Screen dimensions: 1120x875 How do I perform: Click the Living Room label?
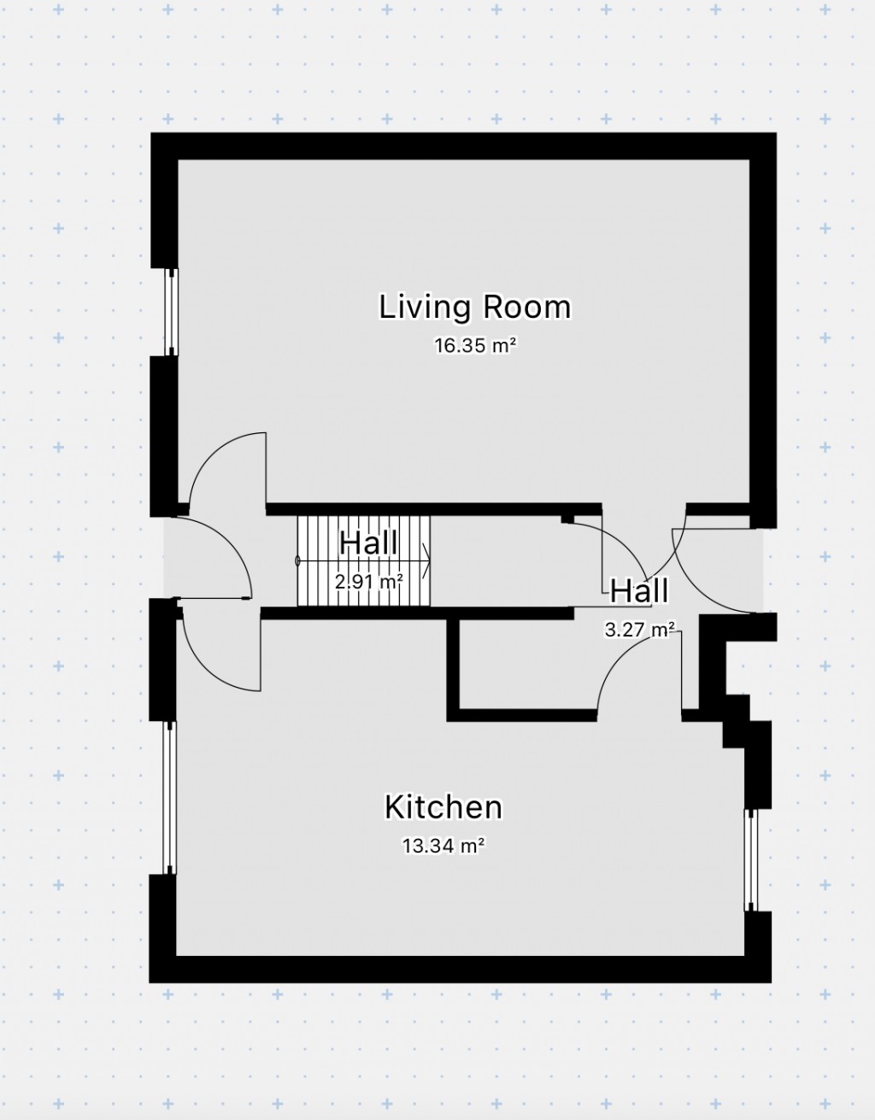pyautogui.click(x=474, y=307)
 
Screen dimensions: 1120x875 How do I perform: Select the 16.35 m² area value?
pyautogui.click(x=474, y=346)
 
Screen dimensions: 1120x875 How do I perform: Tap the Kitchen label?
pyautogui.click(x=443, y=806)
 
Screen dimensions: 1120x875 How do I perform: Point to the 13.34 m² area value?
pyautogui.click(x=443, y=846)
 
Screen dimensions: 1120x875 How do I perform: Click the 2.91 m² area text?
pyautogui.click(x=368, y=582)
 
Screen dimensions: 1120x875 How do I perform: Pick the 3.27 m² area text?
pyautogui.click(x=640, y=630)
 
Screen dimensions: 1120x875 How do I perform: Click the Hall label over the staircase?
pyautogui.click(x=368, y=543)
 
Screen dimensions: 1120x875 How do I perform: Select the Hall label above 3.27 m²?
pyautogui.click(x=638, y=590)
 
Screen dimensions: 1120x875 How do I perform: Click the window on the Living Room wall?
pyautogui.click(x=172, y=311)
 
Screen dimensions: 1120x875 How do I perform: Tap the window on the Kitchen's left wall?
pyautogui.click(x=170, y=797)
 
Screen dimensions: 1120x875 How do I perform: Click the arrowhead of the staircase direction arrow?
pyautogui.click(x=426, y=561)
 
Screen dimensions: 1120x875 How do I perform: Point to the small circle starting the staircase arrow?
pyautogui.click(x=298, y=561)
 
